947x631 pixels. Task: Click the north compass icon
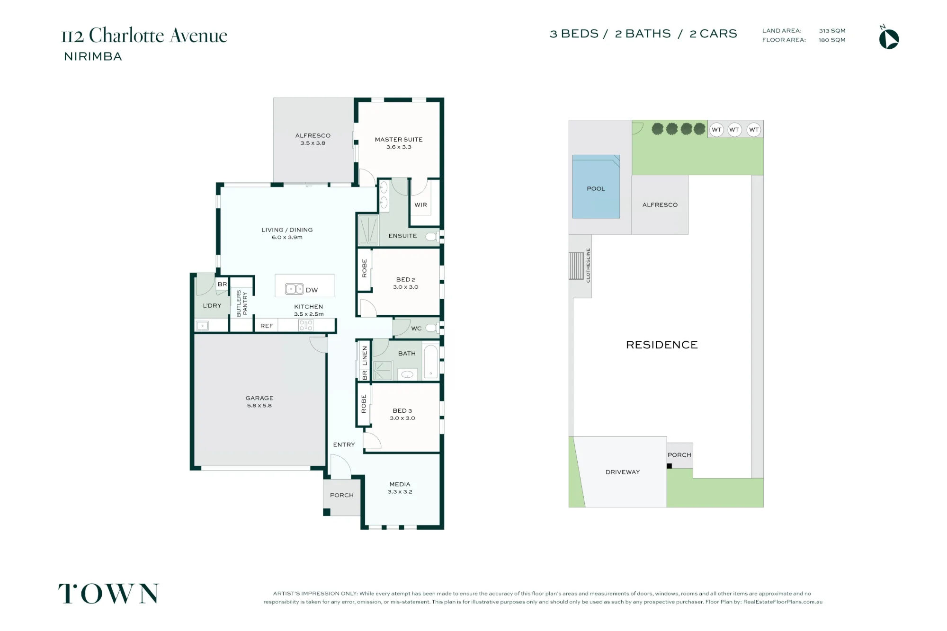click(889, 38)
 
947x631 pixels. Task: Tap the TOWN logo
click(108, 594)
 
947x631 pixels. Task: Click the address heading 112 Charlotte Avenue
click(144, 36)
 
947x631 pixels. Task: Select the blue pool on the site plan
click(596, 187)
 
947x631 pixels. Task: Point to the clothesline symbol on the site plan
click(576, 266)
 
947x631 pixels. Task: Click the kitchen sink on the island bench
click(294, 289)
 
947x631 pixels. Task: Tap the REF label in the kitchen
click(267, 326)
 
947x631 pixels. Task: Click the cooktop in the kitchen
click(306, 325)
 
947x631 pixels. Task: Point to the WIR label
click(420, 205)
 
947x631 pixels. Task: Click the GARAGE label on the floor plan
click(259, 398)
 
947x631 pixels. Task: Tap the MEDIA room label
click(400, 484)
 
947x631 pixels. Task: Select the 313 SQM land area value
click(832, 31)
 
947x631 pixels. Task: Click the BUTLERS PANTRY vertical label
click(241, 303)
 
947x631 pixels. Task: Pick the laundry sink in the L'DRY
click(202, 326)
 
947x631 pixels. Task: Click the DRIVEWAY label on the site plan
click(623, 472)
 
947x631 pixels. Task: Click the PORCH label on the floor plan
click(342, 495)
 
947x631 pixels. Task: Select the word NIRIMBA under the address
click(93, 56)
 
